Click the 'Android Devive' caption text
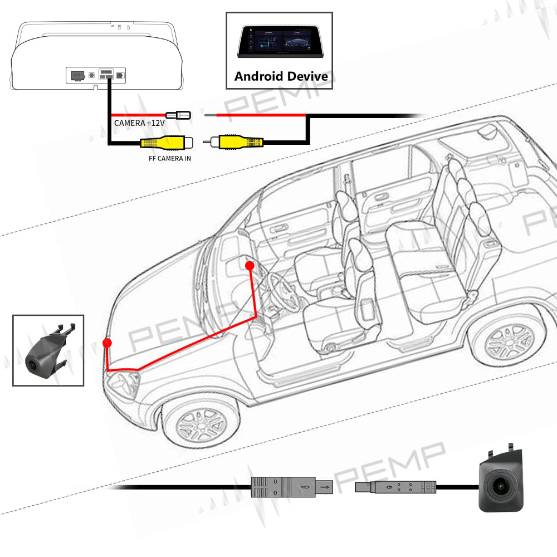281,76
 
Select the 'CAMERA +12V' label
136,123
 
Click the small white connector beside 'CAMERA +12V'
180,115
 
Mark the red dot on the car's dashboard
250,266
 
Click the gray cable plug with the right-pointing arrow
290,488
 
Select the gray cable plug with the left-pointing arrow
395,488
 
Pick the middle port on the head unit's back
106,75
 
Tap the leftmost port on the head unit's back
77,75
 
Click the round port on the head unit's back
91,75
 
